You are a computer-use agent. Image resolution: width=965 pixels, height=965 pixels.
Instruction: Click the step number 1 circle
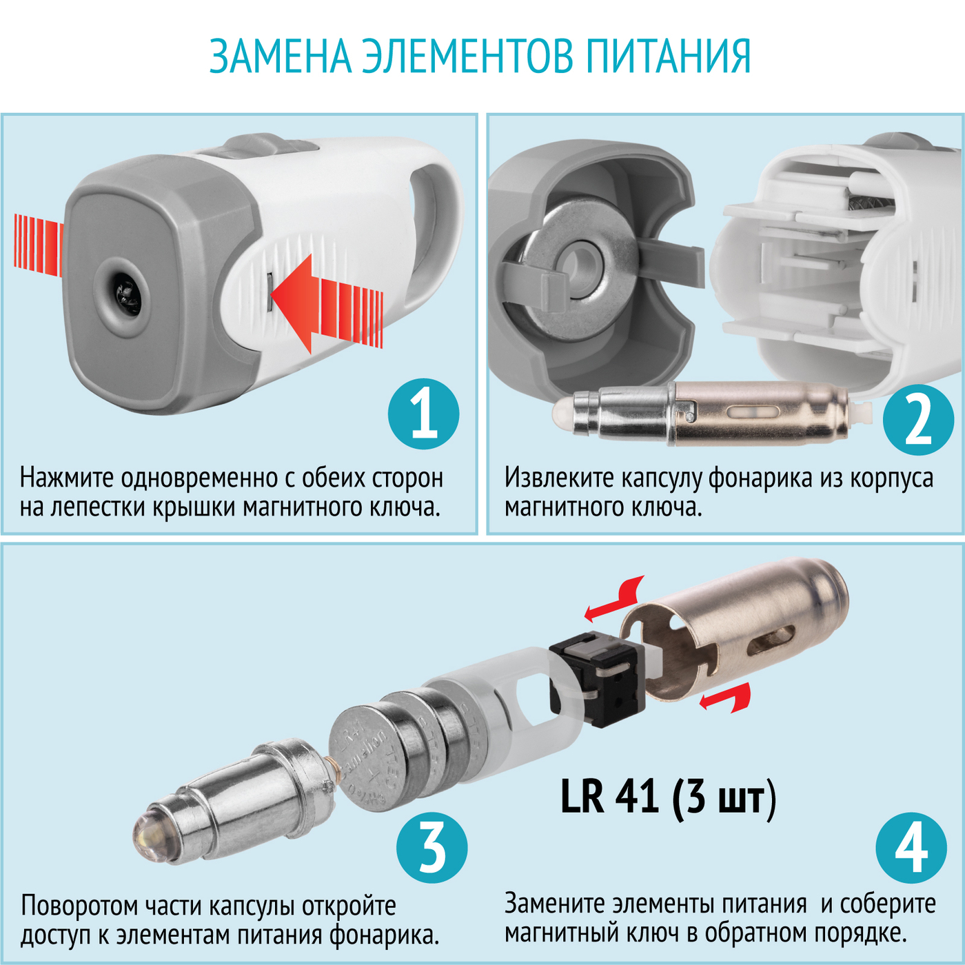point(424,414)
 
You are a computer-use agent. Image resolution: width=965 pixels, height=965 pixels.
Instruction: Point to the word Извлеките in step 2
point(559,478)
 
